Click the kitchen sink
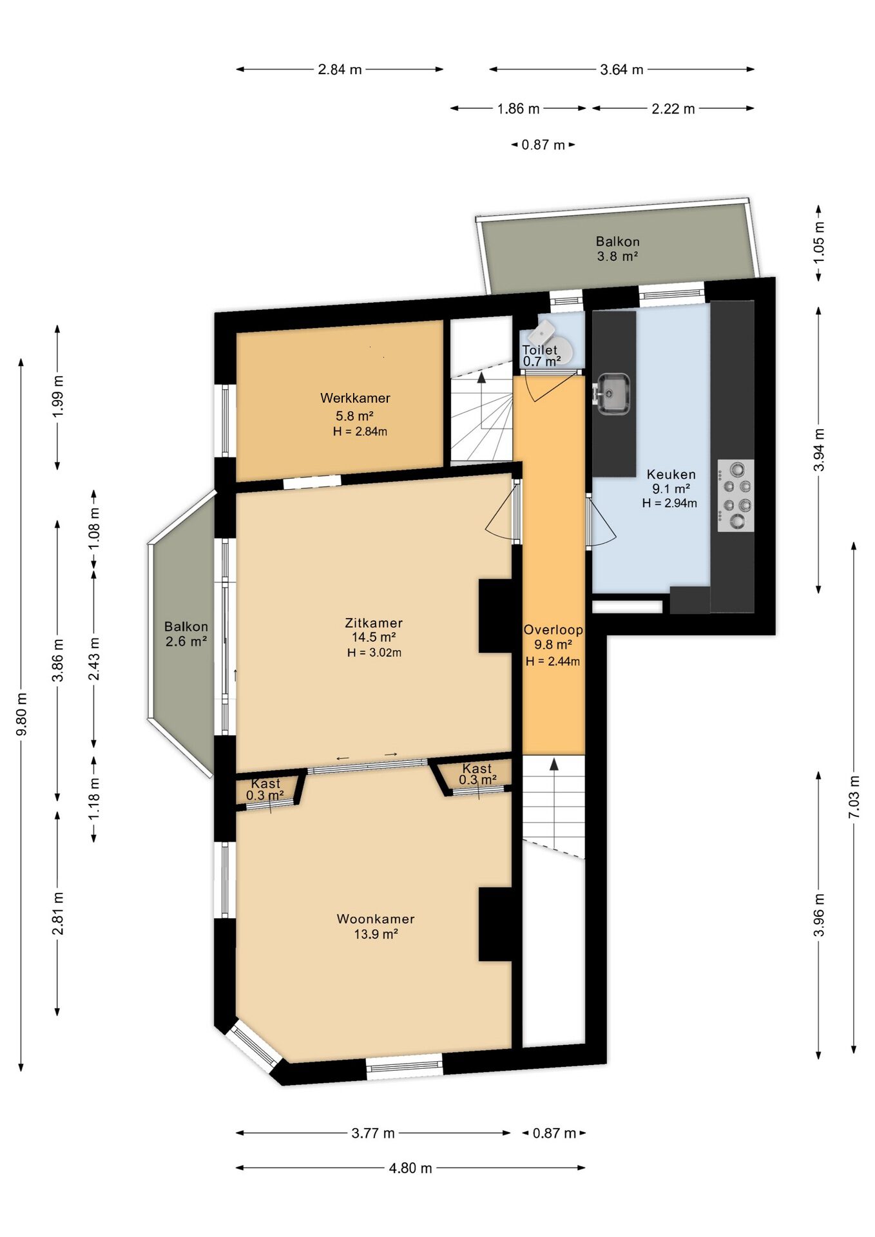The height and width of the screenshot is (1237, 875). click(x=612, y=394)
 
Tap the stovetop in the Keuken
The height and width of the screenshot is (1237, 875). click(x=736, y=495)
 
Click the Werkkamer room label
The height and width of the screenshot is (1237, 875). click(x=355, y=398)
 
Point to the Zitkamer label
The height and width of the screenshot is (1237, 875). click(x=374, y=623)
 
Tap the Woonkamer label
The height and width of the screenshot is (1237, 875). click(x=376, y=919)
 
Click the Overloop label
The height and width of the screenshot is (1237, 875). click(x=553, y=630)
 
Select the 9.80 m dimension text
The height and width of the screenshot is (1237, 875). click(x=21, y=714)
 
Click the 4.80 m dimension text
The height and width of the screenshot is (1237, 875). click(x=410, y=1168)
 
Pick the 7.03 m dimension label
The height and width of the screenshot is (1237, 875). click(x=854, y=797)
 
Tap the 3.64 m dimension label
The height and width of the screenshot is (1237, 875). click(x=622, y=70)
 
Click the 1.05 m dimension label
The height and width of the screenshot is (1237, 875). click(x=819, y=242)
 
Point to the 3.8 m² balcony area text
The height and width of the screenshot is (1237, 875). click(x=617, y=256)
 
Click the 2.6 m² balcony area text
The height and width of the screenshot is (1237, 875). click(x=186, y=641)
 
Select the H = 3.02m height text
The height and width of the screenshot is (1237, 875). click(x=374, y=653)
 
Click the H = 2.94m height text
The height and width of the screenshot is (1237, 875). click(x=669, y=503)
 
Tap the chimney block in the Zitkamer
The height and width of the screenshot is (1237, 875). click(x=495, y=616)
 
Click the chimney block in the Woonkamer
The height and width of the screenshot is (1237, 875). click(x=495, y=925)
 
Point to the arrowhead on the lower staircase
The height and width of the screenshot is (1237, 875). click(x=553, y=764)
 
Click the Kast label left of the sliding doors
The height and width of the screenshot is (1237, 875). click(x=266, y=783)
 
